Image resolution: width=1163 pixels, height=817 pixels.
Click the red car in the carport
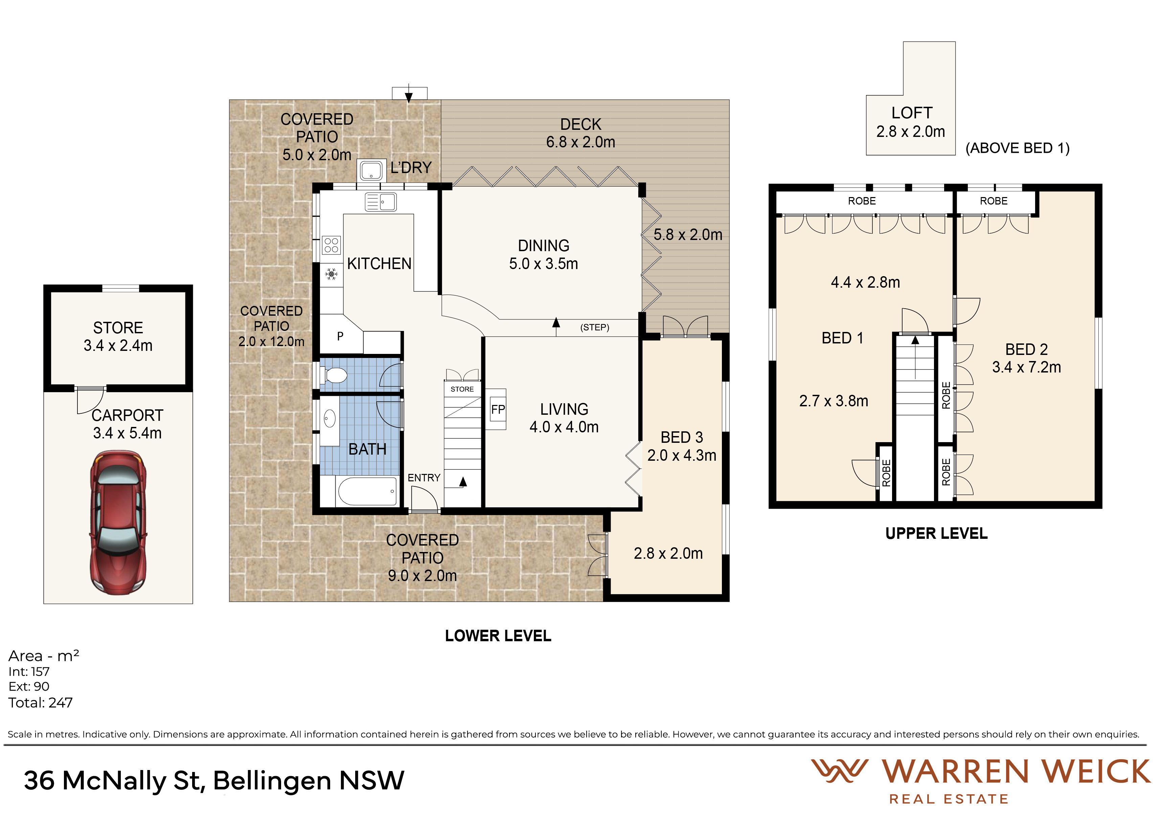click(118, 522)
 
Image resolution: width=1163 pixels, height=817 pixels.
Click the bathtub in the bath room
click(367, 491)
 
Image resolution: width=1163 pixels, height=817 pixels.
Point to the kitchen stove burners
click(331, 245)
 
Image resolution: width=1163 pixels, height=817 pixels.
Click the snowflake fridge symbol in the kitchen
click(331, 274)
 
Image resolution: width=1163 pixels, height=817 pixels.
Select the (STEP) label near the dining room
click(595, 328)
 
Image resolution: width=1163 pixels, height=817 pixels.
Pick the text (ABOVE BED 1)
click(1018, 148)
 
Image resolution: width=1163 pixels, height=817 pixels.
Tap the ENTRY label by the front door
click(424, 478)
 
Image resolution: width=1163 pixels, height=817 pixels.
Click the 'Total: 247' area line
click(41, 703)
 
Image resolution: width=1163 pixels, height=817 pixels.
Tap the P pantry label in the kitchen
click(340, 336)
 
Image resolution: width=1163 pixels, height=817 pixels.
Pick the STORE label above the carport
click(118, 328)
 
